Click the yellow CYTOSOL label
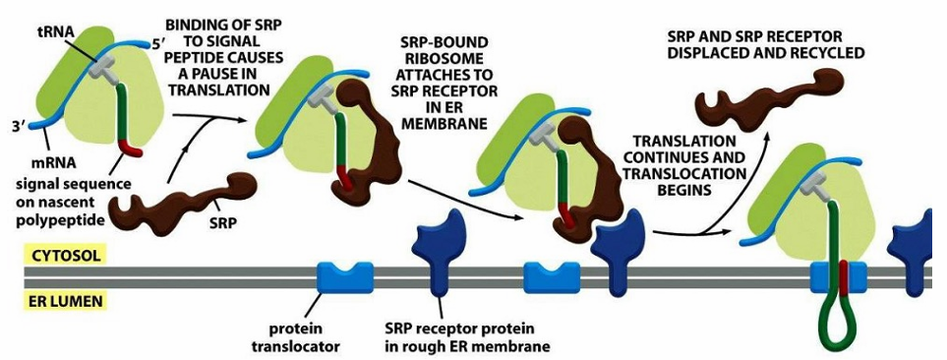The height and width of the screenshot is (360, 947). (63, 256)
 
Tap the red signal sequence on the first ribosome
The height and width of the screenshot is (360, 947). (131, 149)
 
